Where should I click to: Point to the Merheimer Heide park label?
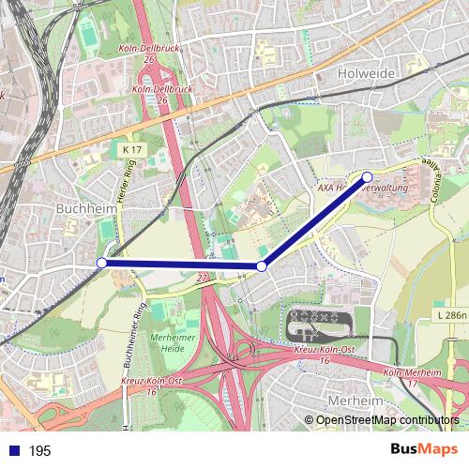pyautogui.click(x=172, y=343)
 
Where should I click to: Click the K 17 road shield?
pyautogui.click(x=131, y=148)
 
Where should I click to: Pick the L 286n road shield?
pyautogui.click(x=452, y=316)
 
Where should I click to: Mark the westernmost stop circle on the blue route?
pyautogui.click(x=101, y=264)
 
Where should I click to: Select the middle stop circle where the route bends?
pyautogui.click(x=262, y=267)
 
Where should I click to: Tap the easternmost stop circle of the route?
pyautogui.click(x=368, y=177)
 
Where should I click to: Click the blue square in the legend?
pyautogui.click(x=11, y=451)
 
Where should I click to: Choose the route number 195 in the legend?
pyautogui.click(x=39, y=451)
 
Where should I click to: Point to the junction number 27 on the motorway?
pyautogui.click(x=203, y=278)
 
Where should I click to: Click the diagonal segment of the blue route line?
pyautogui.click(x=314, y=222)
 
